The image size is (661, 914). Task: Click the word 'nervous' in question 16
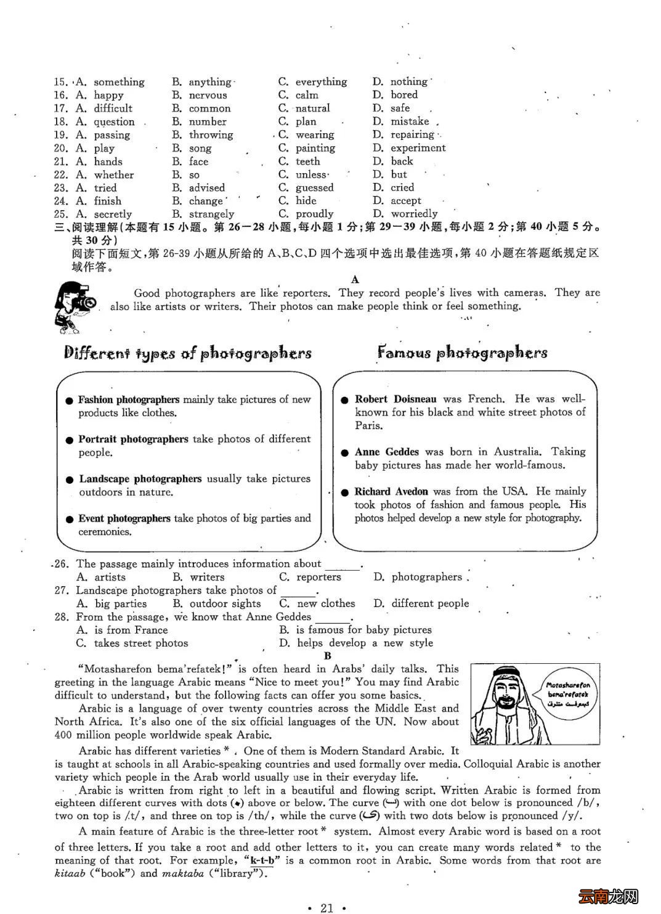pyautogui.click(x=208, y=95)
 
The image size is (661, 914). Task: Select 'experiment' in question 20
pyautogui.click(x=418, y=148)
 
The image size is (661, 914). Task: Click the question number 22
pyautogui.click(x=60, y=175)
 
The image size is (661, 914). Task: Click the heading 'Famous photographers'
pyautogui.click(x=462, y=353)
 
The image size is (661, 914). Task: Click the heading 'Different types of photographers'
pyautogui.click(x=188, y=353)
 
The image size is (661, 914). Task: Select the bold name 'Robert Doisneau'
pyautogui.click(x=395, y=399)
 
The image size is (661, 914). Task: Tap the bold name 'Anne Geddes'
pyautogui.click(x=387, y=452)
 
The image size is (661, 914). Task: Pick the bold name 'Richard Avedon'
pyautogui.click(x=391, y=491)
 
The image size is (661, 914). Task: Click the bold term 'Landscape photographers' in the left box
pyautogui.click(x=140, y=479)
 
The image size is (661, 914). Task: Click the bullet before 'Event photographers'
pyautogui.click(x=70, y=520)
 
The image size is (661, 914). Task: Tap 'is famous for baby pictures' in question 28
pyautogui.click(x=363, y=630)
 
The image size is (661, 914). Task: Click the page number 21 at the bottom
pyautogui.click(x=327, y=907)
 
